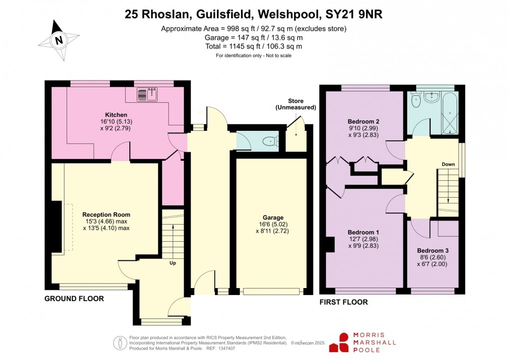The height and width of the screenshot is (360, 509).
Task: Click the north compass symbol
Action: (59, 40)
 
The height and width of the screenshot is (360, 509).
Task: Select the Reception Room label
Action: (106, 215)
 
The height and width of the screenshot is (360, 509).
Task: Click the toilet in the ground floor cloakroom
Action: (270, 141)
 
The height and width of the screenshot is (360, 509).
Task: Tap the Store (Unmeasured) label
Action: (295, 104)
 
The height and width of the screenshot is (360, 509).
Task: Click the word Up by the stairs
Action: (172, 263)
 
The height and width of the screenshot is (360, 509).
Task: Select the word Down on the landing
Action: (448, 164)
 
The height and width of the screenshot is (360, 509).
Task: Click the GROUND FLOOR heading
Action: (74, 299)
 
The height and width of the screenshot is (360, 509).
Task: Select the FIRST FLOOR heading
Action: (343, 302)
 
